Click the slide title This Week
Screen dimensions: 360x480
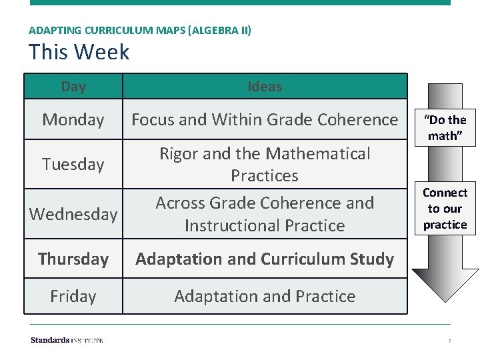(79, 52)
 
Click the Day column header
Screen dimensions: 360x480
(73, 87)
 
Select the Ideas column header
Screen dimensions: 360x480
(265, 87)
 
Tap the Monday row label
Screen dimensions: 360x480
(73, 120)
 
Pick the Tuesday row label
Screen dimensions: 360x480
(73, 164)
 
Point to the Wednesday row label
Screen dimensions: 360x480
(73, 214)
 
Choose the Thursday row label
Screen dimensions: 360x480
(73, 259)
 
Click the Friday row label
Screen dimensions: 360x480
(73, 296)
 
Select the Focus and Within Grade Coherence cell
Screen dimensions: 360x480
(265, 120)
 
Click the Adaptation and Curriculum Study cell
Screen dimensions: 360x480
(265, 259)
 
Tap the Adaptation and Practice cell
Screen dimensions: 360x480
(265, 296)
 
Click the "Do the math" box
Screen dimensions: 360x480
(445, 127)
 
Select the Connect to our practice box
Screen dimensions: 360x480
(445, 208)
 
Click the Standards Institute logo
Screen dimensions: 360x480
(67, 341)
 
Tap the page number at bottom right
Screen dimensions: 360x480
(449, 341)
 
